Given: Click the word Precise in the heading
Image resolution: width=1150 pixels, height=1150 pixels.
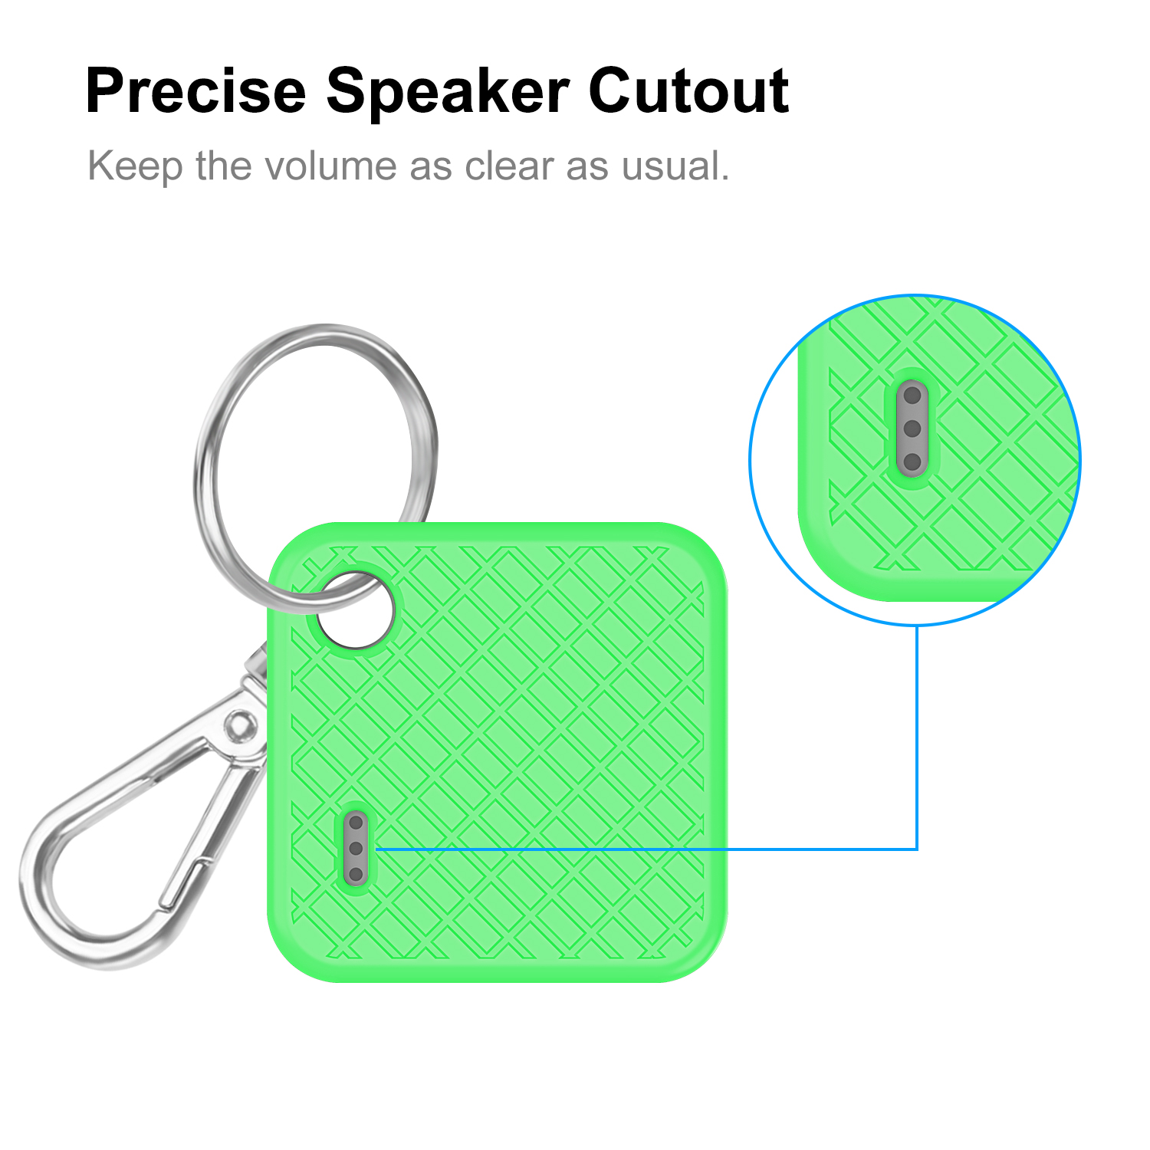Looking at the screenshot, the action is [195, 90].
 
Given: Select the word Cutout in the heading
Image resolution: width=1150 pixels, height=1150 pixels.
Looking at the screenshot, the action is [689, 90].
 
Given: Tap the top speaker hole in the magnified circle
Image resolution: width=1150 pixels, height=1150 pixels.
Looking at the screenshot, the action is [912, 396].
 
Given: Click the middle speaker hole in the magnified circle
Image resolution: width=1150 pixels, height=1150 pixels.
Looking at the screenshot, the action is [912, 429].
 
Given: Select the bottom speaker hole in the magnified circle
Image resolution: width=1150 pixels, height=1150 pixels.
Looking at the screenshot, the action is [912, 462].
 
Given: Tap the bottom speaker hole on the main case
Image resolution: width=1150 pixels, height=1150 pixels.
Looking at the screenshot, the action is [356, 874].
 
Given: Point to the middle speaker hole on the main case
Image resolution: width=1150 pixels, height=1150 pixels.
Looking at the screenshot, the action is [356, 849].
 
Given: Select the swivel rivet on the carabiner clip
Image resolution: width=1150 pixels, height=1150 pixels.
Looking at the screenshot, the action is [240, 724].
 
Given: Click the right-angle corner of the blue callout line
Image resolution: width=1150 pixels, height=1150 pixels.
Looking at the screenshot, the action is [917, 849].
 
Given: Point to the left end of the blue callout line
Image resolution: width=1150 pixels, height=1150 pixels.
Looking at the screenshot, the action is [376, 849].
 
